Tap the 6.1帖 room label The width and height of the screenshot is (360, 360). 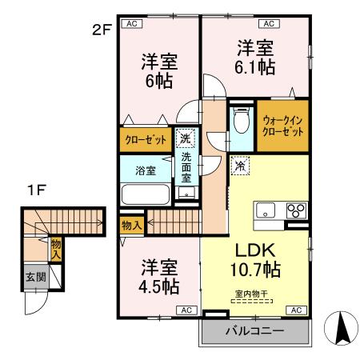click(254, 57)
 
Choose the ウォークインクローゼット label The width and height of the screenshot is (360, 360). click(282, 126)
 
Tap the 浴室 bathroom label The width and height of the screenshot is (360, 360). click(144, 170)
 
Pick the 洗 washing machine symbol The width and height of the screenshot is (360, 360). click(186, 138)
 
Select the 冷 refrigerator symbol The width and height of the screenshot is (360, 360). click(239, 167)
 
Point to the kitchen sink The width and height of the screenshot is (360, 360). click(266, 210)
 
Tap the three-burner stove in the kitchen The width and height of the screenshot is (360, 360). click(294, 211)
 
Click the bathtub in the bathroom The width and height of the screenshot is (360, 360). click(144, 194)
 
